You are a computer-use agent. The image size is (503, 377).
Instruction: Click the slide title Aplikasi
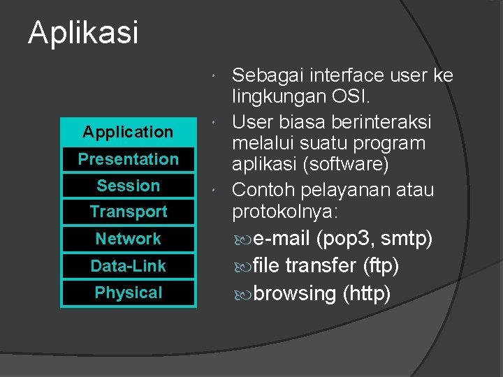(x=83, y=33)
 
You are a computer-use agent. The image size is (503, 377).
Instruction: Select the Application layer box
(x=128, y=132)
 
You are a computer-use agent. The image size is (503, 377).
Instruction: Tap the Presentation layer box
(x=128, y=159)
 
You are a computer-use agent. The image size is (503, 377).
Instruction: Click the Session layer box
(x=128, y=186)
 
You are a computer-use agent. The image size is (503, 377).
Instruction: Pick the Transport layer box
(x=128, y=212)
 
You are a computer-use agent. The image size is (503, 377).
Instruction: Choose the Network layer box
(x=128, y=239)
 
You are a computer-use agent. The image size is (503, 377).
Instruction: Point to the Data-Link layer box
(x=128, y=266)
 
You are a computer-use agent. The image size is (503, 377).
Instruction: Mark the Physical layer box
(x=128, y=293)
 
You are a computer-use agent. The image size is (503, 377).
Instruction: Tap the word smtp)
(x=407, y=239)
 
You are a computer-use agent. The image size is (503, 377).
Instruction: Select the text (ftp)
(x=381, y=266)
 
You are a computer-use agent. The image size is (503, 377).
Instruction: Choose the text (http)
(x=366, y=294)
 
